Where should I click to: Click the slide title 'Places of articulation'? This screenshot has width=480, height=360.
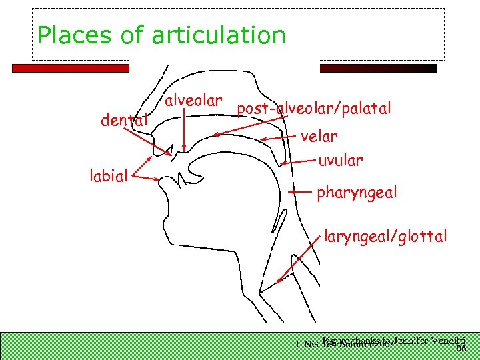(161, 35)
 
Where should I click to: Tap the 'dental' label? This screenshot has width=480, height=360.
(123, 121)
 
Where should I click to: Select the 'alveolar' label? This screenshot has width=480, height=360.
(193, 101)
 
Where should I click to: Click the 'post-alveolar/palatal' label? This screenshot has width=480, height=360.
(313, 108)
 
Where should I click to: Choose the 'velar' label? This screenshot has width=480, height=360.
(319, 137)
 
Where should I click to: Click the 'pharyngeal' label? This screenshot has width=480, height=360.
(357, 193)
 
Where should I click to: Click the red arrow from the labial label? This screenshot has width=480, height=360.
(147, 178)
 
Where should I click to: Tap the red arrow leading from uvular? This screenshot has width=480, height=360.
(298, 161)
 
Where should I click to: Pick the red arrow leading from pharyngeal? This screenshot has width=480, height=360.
(301, 193)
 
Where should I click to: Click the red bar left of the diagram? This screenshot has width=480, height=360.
(70, 68)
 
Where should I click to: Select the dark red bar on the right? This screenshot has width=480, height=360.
(378, 68)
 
